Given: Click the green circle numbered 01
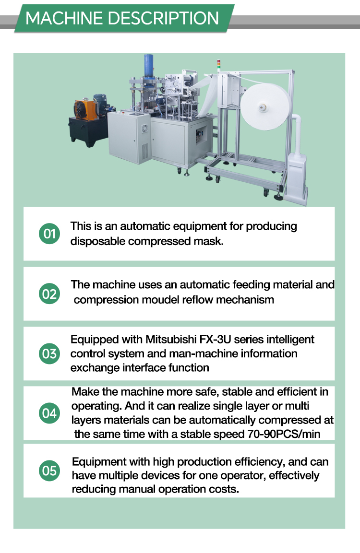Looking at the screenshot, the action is (x=49, y=234).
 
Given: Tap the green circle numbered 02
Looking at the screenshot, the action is (x=49, y=294).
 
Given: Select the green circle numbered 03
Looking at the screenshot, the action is (x=49, y=353).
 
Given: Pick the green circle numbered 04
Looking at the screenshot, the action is (x=49, y=413).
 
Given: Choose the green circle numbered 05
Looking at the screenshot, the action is (x=49, y=471).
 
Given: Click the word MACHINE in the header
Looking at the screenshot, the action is (x=64, y=18).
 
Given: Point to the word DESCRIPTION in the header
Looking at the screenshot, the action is (x=163, y=18).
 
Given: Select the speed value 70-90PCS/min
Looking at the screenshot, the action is (x=284, y=434).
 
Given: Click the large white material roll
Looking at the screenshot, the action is (x=266, y=106).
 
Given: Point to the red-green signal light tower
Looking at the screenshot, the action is (x=218, y=65).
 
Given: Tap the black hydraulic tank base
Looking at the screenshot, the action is (x=88, y=131).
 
